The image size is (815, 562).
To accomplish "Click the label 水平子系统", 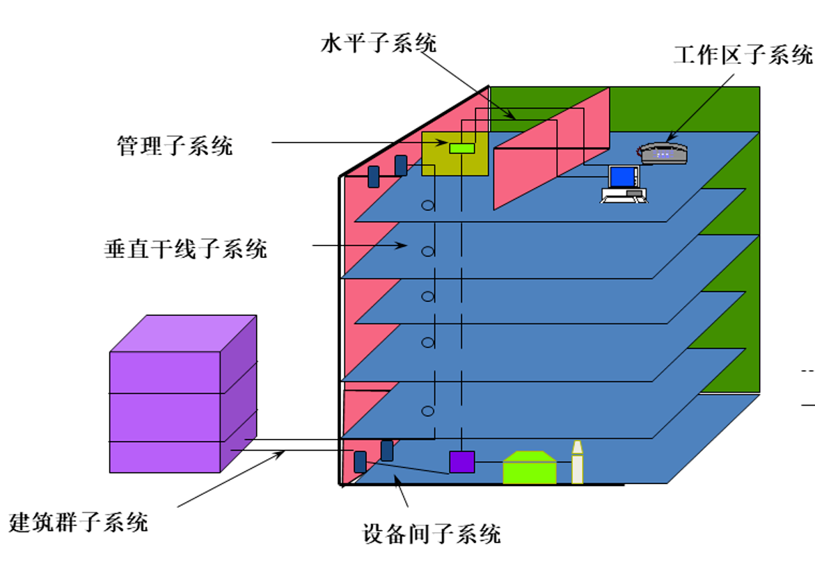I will tap(379, 44).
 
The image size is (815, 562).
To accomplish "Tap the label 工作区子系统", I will tap(743, 55).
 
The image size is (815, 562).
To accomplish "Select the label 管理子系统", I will tap(175, 145).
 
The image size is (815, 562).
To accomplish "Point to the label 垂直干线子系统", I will tap(186, 248).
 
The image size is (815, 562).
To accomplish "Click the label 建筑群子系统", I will tap(79, 522).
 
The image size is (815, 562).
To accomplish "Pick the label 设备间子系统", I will tap(432, 534).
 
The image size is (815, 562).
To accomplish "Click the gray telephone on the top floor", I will tap(663, 152).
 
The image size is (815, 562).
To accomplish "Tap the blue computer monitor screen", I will tap(624, 177).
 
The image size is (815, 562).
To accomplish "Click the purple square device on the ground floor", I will tap(461, 462).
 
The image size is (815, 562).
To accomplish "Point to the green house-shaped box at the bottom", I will tap(530, 468).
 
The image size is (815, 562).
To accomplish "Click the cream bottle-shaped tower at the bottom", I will tap(577, 463).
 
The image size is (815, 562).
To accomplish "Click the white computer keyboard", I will tap(624, 198).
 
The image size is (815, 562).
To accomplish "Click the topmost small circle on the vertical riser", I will tap(427, 206).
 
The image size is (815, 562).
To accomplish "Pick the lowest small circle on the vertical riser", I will tap(427, 411).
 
